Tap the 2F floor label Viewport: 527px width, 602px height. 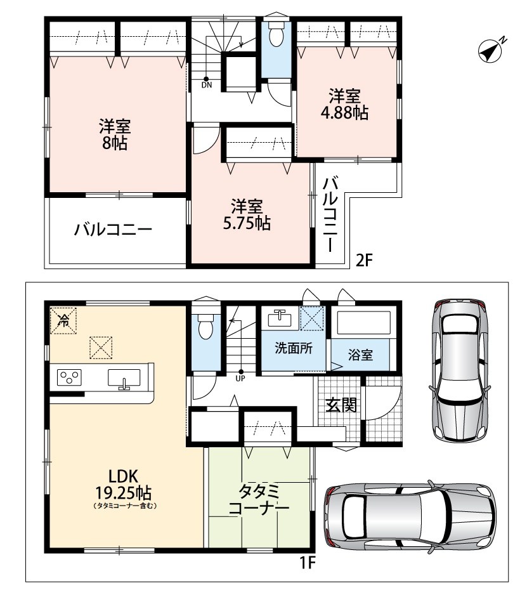[364, 260]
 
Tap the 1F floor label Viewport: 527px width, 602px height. [307, 563]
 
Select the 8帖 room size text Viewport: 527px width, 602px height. [114, 143]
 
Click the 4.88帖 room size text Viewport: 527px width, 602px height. [344, 113]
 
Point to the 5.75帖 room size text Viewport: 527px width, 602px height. [247, 223]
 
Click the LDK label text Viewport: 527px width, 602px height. [124, 476]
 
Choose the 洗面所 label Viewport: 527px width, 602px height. [294, 348]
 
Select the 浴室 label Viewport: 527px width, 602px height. [360, 355]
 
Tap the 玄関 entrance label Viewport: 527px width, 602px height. [341, 405]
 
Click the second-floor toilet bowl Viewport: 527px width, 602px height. [276, 34]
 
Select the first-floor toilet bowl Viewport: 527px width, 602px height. [205, 327]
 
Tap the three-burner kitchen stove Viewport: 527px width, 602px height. [69, 377]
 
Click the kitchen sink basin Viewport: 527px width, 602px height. [124, 378]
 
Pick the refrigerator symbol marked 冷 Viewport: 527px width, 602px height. [63, 320]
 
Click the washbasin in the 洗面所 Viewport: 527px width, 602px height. [280, 318]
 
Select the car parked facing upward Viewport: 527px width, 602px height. [459, 370]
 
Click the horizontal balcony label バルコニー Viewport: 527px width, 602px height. [114, 230]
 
